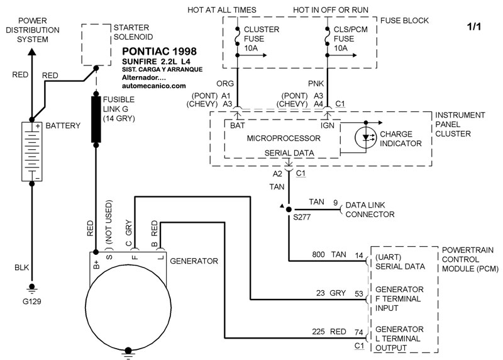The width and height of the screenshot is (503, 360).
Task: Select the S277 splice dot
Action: click(289, 209)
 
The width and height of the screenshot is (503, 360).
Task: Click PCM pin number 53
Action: click(358, 293)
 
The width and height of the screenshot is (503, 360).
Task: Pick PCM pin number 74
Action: click(358, 332)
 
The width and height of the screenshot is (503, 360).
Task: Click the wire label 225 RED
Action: click(324, 332)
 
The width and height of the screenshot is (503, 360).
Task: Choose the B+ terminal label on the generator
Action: click(96, 262)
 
